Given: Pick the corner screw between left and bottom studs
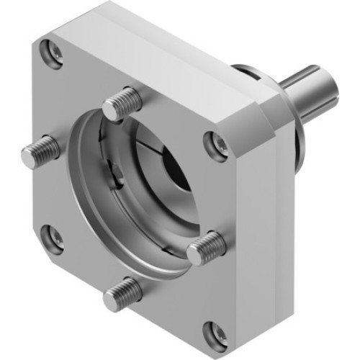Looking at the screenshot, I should click(52, 238).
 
